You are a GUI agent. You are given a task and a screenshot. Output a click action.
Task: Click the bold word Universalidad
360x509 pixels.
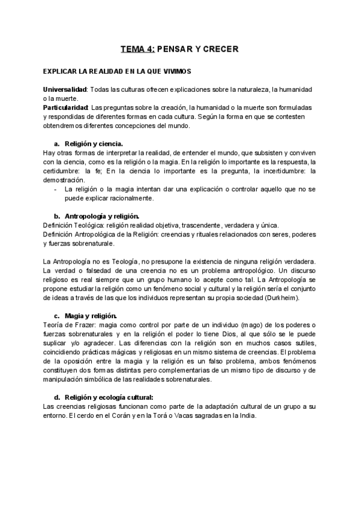coord(65,89)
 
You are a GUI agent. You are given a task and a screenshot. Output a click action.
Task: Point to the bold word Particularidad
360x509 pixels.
coord(66,107)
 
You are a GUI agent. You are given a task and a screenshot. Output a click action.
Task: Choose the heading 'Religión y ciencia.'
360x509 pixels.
coord(94,143)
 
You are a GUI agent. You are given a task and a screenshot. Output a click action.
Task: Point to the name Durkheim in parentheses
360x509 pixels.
coord(280,298)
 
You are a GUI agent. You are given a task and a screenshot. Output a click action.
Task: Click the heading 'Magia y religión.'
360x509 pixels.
coord(91,316)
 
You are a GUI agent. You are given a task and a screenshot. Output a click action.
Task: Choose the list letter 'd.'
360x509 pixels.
coord(57,397)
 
